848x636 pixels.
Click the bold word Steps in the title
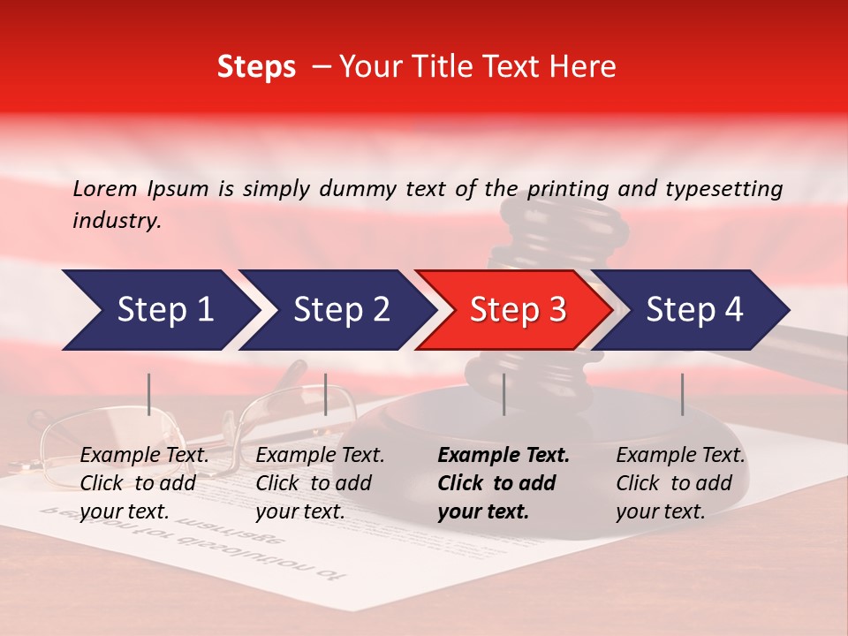[x=256, y=67]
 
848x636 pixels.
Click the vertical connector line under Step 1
[x=149, y=394]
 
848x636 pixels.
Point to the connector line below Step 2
[x=326, y=394]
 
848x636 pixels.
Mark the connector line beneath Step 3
[x=503, y=394]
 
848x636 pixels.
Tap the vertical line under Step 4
[x=682, y=394]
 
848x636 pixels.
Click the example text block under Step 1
[x=144, y=483]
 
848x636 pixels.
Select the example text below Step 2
[x=320, y=483]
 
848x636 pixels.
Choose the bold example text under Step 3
[x=503, y=483]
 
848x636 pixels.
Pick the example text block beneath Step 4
[x=680, y=483]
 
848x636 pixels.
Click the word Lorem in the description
[x=105, y=188]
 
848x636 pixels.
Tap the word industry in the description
[x=117, y=221]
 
